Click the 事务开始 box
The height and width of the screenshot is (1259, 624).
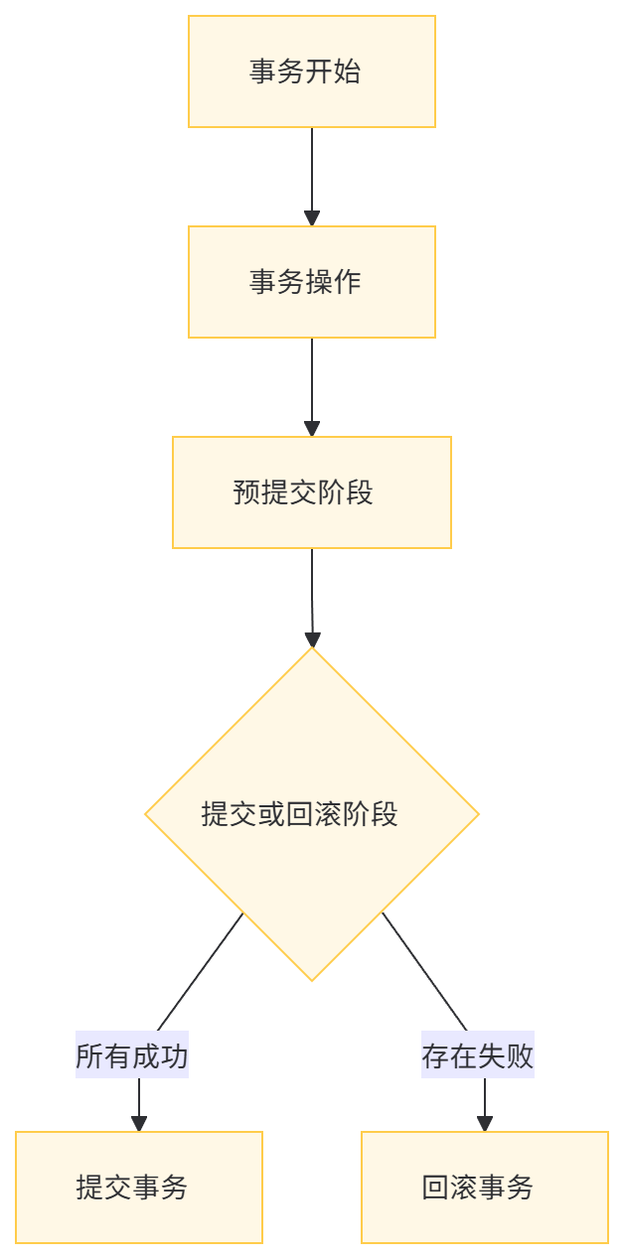click(311, 71)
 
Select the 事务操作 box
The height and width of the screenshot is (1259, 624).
click(311, 282)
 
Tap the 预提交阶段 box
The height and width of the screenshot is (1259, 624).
click(311, 491)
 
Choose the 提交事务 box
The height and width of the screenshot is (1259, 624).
click(139, 1187)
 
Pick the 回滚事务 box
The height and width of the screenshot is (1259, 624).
click(484, 1187)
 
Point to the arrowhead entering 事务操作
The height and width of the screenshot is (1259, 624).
click(312, 218)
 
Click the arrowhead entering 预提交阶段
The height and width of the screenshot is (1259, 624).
click(312, 428)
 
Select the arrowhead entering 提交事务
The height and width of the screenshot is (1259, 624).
click(139, 1123)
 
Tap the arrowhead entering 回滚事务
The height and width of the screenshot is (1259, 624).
click(484, 1123)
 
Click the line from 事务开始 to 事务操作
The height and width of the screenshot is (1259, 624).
click(312, 169)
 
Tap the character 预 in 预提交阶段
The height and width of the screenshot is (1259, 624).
click(246, 492)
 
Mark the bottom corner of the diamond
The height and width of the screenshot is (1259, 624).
click(312, 980)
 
